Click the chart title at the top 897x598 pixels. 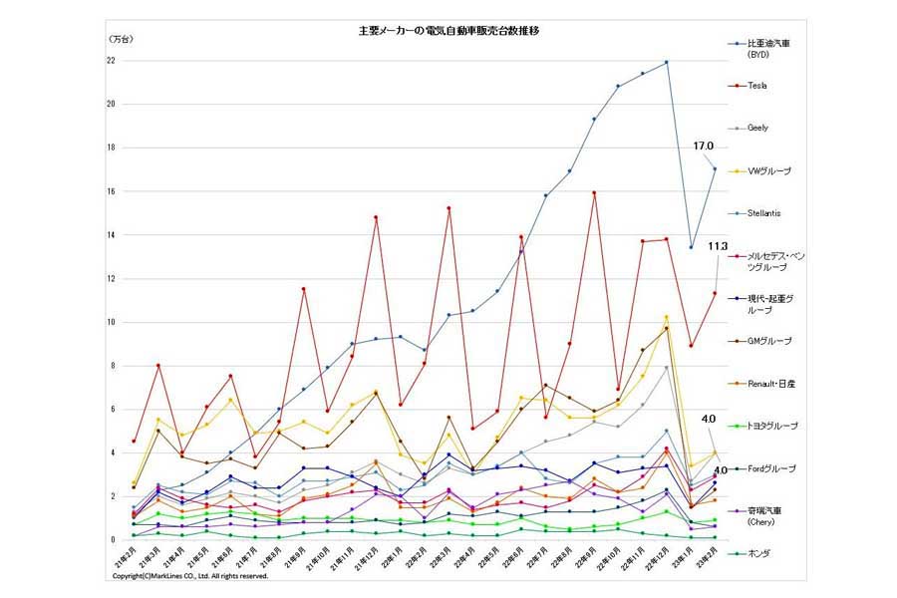(x=448, y=31)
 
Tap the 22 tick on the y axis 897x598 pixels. (x=111, y=61)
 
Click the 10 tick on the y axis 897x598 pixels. (x=111, y=323)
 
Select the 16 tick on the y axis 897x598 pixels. (x=111, y=191)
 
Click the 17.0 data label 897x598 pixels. (x=704, y=146)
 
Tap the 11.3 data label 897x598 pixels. (x=718, y=245)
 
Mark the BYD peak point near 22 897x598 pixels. (x=666, y=62)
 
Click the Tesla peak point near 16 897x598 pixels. (x=594, y=192)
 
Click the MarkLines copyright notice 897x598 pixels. (x=189, y=576)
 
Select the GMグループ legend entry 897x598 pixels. (x=767, y=341)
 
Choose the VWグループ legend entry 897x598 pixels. (x=768, y=170)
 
